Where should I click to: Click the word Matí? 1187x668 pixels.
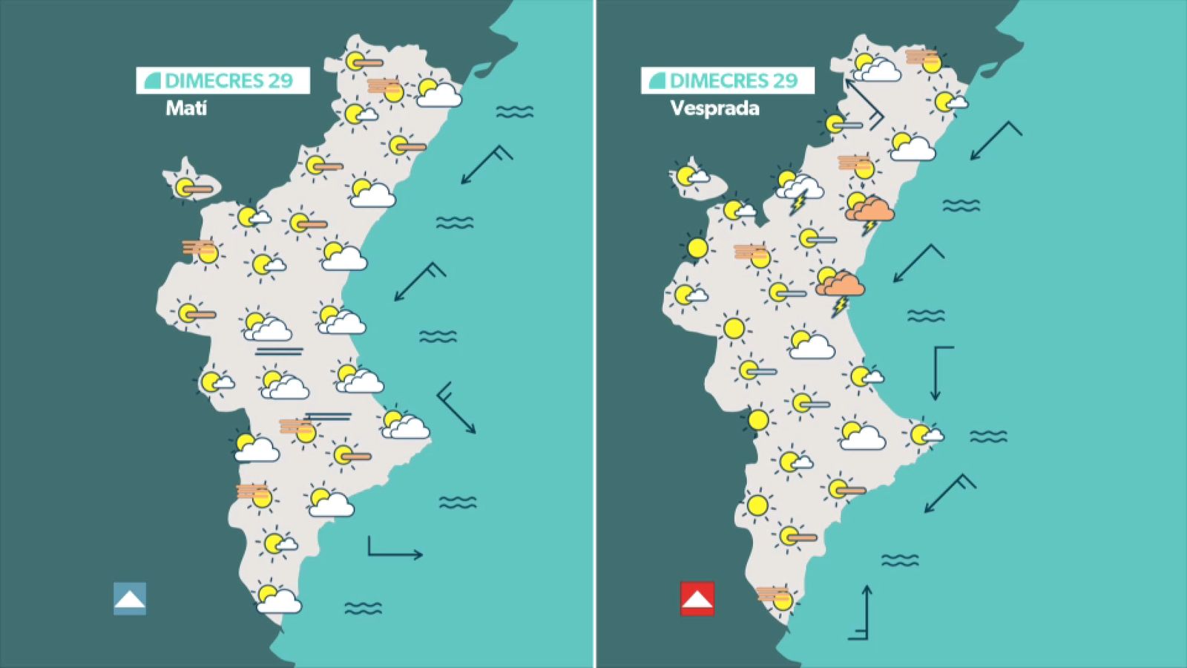[186, 108]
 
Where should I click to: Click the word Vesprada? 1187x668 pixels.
[714, 108]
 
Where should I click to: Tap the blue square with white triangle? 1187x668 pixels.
[130, 598]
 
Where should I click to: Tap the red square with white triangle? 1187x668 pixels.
[697, 598]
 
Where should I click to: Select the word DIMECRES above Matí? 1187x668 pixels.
[214, 80]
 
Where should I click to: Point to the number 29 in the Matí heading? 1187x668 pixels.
[280, 80]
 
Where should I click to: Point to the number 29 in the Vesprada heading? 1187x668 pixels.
[785, 80]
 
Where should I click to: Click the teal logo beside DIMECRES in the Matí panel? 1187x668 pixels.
[153, 80]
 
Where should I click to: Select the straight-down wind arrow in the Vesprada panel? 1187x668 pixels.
[938, 373]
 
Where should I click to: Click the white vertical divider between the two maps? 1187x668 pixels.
[595, 334]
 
